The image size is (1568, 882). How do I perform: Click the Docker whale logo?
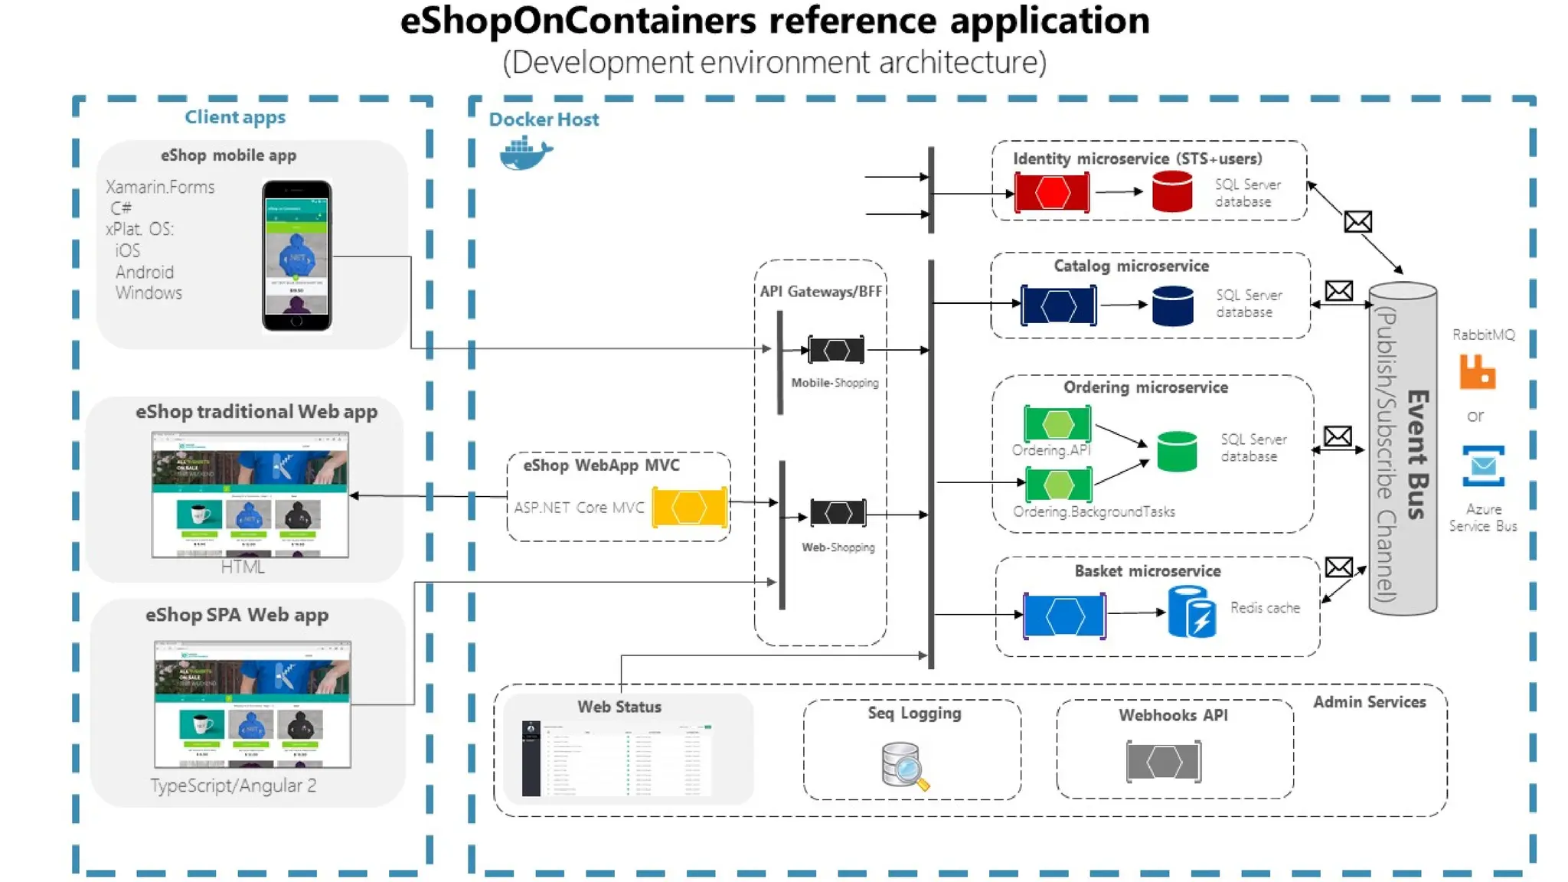[x=525, y=153]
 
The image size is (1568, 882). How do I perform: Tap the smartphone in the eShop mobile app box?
[x=296, y=255]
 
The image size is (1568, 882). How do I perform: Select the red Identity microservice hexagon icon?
[x=1052, y=193]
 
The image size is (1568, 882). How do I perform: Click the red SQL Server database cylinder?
[x=1171, y=191]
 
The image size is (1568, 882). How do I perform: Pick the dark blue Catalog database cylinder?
[x=1172, y=305]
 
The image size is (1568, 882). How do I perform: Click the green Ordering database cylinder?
[x=1177, y=451]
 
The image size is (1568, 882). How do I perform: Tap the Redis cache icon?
[x=1191, y=612]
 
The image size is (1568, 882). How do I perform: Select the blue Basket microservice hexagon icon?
[x=1064, y=615]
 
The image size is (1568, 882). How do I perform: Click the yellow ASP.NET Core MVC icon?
[x=689, y=508]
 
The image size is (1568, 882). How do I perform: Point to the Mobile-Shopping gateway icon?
[x=836, y=350]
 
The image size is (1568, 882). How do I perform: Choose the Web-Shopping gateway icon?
[x=838, y=512]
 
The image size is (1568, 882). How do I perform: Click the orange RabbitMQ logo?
[x=1477, y=372]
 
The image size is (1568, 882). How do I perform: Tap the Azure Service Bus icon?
[x=1483, y=465]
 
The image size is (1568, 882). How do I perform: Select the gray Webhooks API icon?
[x=1164, y=761]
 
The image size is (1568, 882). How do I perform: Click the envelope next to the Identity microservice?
[x=1357, y=222]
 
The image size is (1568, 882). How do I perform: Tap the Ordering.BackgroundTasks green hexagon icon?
[x=1058, y=484]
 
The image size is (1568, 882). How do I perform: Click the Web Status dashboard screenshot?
[x=617, y=758]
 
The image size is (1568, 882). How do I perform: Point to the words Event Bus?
[x=1417, y=455]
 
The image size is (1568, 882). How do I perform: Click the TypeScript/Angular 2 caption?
[x=233, y=786]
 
